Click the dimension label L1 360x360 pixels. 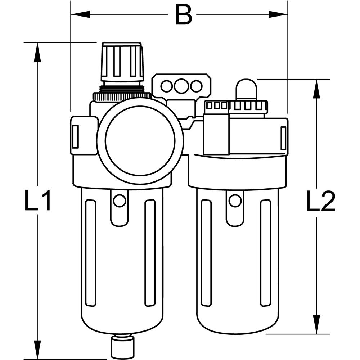click(37, 202)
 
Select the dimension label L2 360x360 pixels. click(320, 202)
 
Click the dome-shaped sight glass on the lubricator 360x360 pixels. click(246, 89)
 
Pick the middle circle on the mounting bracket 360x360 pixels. click(181, 86)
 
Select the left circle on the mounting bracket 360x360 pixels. click(166, 86)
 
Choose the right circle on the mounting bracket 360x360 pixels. click(196, 86)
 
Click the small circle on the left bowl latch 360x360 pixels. click(120, 201)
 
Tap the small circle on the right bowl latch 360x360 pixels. click(235, 201)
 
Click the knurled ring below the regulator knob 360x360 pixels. click(122, 96)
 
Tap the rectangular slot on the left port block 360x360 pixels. click(75, 136)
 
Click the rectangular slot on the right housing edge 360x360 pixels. click(283, 138)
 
